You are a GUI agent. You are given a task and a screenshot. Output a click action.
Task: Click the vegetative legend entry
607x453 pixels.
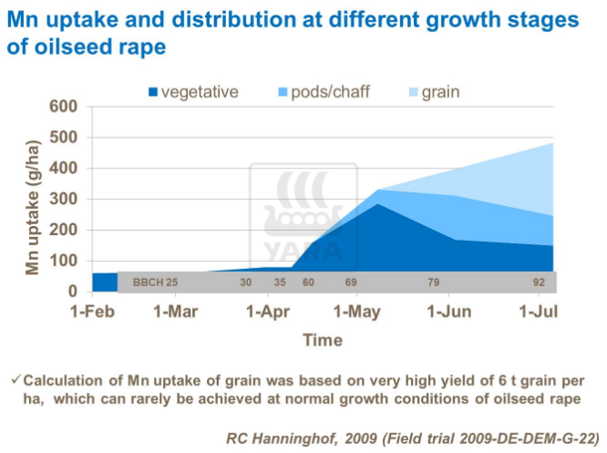click(x=192, y=91)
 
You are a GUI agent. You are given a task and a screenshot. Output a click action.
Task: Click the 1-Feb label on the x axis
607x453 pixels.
click(x=91, y=313)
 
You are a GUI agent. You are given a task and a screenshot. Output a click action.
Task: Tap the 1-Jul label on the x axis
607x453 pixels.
click(x=539, y=313)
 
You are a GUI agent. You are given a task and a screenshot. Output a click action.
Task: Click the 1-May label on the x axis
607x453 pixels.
click(x=358, y=313)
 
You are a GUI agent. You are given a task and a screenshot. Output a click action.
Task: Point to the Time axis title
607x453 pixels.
click(x=323, y=340)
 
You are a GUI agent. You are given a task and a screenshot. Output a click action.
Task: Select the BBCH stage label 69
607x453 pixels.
click(x=351, y=283)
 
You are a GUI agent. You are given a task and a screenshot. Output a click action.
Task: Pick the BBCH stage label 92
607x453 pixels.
click(x=539, y=283)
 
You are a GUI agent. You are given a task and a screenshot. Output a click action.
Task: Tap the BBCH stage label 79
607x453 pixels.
click(x=433, y=283)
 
